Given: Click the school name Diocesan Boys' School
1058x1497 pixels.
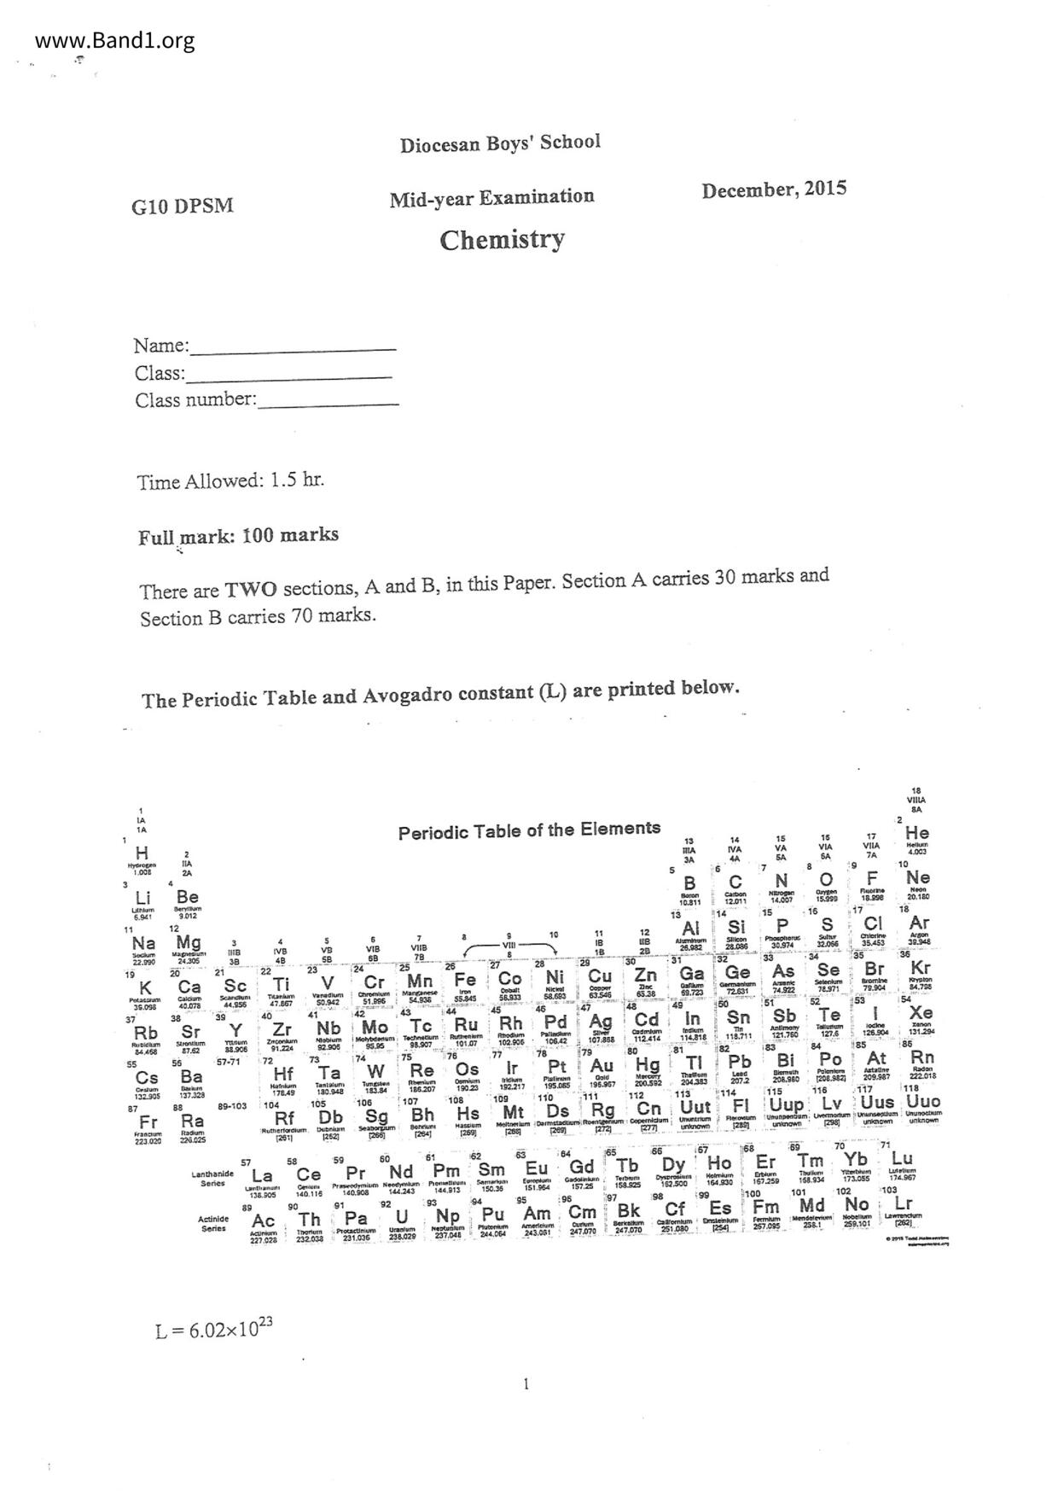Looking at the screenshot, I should [x=500, y=143].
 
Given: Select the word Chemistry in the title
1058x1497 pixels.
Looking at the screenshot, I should [x=502, y=240].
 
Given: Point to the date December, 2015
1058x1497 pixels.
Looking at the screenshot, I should [x=774, y=189].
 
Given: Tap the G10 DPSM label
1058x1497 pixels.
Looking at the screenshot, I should [x=182, y=207].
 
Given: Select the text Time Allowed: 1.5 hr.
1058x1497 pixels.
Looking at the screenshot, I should [x=230, y=481].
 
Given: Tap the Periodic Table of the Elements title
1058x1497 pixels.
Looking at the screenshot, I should [x=529, y=830].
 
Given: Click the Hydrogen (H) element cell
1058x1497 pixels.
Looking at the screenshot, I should [x=142, y=857].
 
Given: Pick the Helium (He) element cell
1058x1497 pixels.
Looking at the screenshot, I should [x=917, y=836].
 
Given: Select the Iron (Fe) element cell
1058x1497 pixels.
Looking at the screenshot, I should [x=465, y=983].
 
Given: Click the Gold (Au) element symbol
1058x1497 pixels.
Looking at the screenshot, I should [x=602, y=1066].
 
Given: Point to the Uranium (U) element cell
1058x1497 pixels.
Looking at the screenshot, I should [x=401, y=1219].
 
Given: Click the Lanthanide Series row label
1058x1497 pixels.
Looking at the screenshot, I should [x=212, y=1178].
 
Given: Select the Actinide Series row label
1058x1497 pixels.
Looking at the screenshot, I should [x=213, y=1223].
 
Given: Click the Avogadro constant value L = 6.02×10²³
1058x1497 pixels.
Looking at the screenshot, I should [x=214, y=1328].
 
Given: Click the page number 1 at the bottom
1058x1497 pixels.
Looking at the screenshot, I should [x=526, y=1383].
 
